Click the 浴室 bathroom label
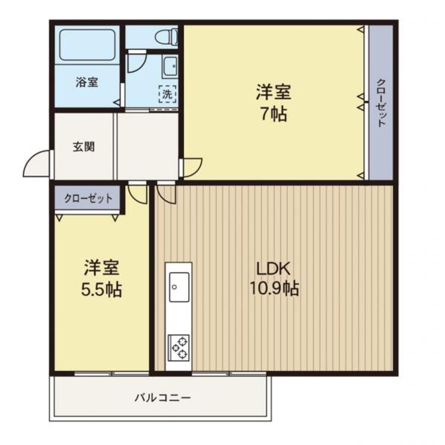pyautogui.click(x=87, y=82)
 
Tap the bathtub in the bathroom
pyautogui.click(x=87, y=44)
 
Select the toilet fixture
pyautogui.click(x=165, y=37)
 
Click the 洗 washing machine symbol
pyautogui.click(x=167, y=93)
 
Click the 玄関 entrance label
pyautogui.click(x=84, y=147)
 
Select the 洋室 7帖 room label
pyautogui.click(x=274, y=93)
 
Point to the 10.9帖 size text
pyautogui.click(x=274, y=289)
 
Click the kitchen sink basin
pyautogui.click(x=178, y=287)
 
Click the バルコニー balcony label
pyautogui.click(x=162, y=398)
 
